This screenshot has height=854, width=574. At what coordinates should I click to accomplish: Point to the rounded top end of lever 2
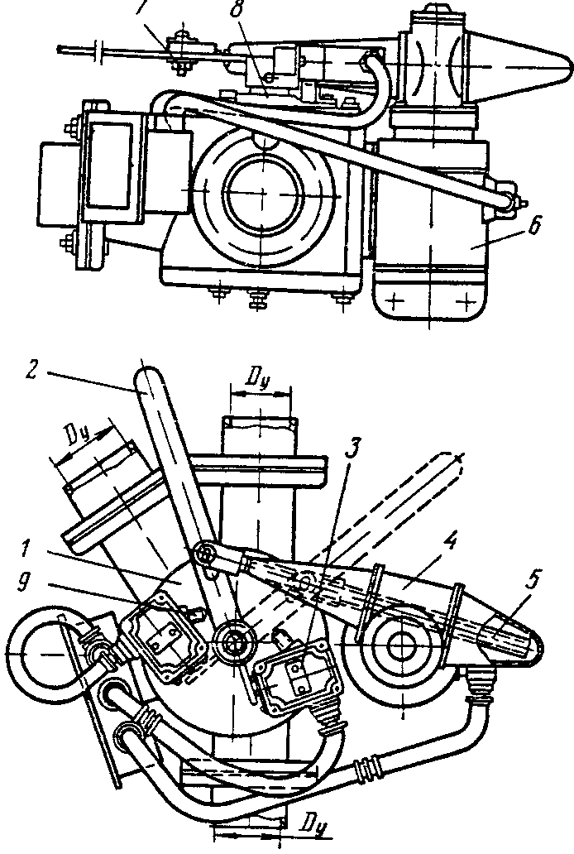tap(150, 381)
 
